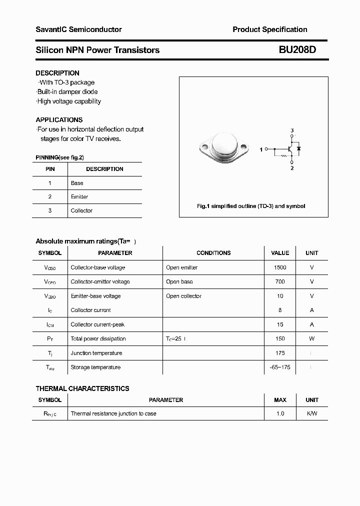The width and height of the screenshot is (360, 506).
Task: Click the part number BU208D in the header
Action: pos(297,50)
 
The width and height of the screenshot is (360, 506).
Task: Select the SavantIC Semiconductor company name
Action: pos(78,29)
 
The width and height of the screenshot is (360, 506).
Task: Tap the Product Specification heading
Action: pos(269,29)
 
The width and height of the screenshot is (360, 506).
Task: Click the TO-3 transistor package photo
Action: pos(223,148)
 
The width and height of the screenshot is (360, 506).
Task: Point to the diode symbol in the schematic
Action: pos(298,148)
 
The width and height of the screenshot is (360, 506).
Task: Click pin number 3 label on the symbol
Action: pos(292,130)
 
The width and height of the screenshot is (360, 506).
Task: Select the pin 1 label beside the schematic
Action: pos(261,149)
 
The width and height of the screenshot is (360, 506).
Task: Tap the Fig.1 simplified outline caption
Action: pos(251,206)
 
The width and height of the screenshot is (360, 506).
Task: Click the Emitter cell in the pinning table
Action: pos(79,197)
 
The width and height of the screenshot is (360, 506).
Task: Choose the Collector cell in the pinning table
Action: pos(81,211)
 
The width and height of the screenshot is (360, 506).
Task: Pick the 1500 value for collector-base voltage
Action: pos(280,267)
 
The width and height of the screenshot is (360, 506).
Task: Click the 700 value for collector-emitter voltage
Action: pos(280,282)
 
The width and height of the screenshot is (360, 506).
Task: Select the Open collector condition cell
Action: pos(183,296)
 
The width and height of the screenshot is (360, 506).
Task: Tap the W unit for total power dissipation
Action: pos(311,338)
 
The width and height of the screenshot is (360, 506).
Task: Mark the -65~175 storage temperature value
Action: pos(280,367)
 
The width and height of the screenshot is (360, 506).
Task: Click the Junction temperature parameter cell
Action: pos(96,353)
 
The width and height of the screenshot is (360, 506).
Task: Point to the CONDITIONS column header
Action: pos(213,253)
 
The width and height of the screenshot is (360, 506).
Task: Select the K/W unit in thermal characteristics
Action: pos(311,413)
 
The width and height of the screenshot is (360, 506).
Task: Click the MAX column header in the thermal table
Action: pos(280,400)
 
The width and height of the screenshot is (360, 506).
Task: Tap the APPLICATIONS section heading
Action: pos(59,120)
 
